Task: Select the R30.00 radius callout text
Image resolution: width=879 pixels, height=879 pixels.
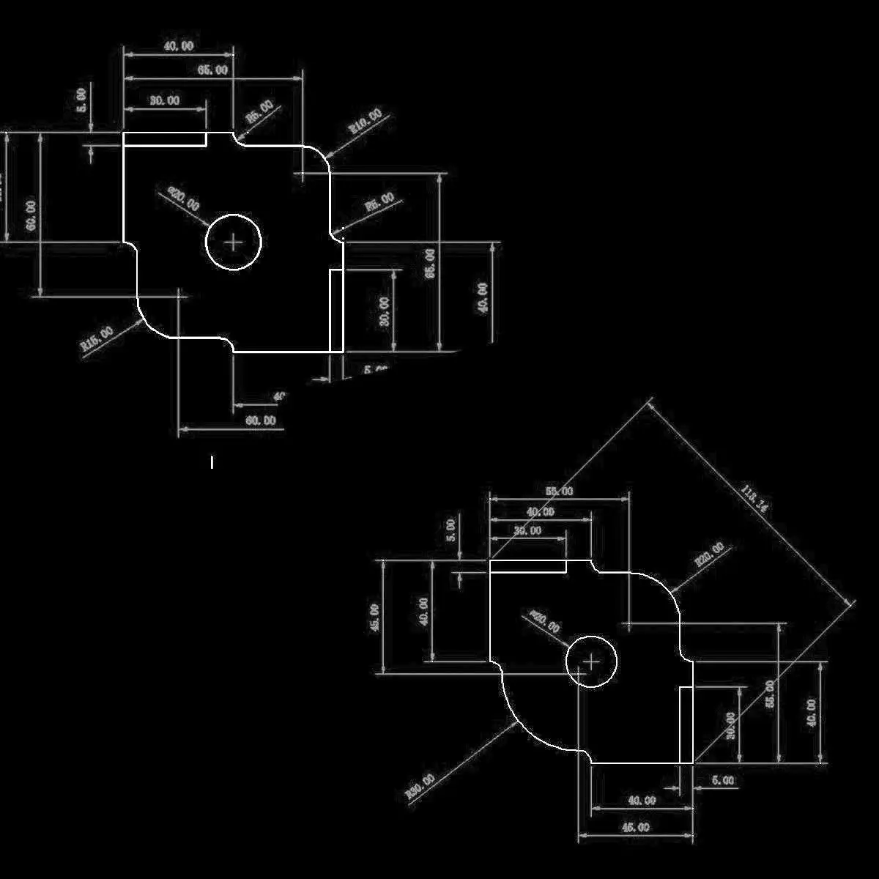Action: point(420,787)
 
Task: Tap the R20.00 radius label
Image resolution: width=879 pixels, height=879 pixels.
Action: point(709,555)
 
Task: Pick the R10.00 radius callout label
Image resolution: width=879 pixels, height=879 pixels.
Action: point(365,120)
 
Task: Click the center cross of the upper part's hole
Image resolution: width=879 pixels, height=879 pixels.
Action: point(234,242)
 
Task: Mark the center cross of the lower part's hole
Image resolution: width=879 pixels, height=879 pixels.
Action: point(592,661)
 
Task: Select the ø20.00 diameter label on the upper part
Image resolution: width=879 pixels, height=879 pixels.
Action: point(184,199)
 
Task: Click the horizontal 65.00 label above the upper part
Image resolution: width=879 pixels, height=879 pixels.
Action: point(212,70)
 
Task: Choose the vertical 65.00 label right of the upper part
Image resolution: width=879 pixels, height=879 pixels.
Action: point(431,263)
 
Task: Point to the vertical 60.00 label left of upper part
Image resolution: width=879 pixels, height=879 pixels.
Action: point(31,215)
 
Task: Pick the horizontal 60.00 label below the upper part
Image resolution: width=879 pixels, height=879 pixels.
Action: point(260,420)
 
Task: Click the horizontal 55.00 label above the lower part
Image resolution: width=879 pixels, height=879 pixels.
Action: point(559,492)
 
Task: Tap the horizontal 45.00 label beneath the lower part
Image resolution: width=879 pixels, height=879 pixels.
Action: point(635,828)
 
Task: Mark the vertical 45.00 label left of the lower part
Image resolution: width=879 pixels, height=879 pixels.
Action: point(374,617)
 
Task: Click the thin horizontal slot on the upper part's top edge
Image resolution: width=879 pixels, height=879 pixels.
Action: point(164,139)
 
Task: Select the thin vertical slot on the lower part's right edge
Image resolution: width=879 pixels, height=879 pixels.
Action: point(686,725)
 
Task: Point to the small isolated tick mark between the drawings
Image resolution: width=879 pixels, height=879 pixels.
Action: point(212,462)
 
